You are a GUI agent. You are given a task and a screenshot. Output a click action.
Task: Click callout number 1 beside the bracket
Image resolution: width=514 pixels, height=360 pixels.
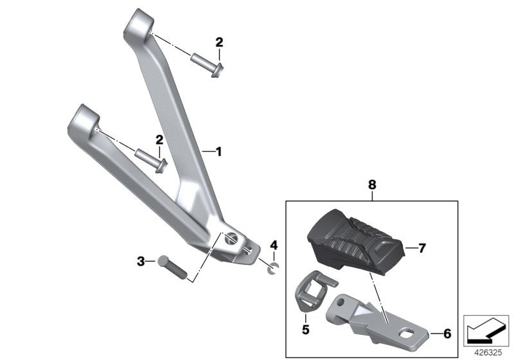(219, 152)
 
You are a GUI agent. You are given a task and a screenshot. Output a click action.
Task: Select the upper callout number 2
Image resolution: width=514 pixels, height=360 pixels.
(219, 42)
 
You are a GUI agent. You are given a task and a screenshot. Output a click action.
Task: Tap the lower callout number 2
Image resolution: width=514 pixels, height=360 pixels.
(159, 140)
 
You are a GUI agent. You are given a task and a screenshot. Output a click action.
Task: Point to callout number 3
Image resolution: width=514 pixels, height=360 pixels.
(141, 262)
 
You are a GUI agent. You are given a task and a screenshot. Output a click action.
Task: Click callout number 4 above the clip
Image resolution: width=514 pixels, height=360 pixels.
(274, 245)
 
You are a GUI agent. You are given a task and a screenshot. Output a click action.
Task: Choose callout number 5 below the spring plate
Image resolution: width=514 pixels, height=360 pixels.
(306, 330)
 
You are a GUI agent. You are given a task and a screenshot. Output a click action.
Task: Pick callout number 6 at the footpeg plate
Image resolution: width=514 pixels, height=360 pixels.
(447, 334)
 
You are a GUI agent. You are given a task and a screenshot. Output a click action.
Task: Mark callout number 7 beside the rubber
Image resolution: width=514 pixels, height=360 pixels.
(421, 248)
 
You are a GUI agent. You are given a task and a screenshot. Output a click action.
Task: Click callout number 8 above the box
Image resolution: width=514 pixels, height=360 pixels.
(372, 185)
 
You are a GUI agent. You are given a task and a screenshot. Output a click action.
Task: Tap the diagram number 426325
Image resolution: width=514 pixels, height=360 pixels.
(488, 353)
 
